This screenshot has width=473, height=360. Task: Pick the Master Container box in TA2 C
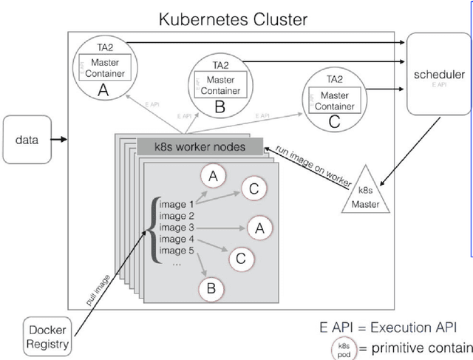pyautogui.click(x=333, y=101)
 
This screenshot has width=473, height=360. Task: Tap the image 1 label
pyautogui.click(x=180, y=205)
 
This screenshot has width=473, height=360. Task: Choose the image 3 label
pyautogui.click(x=180, y=228)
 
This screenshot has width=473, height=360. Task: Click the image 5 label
pyautogui.click(x=180, y=250)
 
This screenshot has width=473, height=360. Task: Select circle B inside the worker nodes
pyautogui.click(x=211, y=289)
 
